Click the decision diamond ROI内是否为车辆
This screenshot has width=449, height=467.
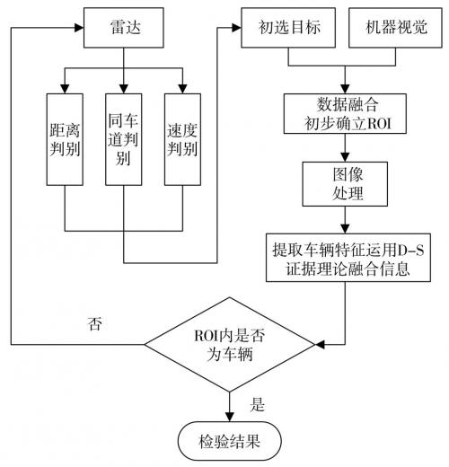coord(232,345)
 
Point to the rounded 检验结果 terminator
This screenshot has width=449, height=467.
coord(232,441)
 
